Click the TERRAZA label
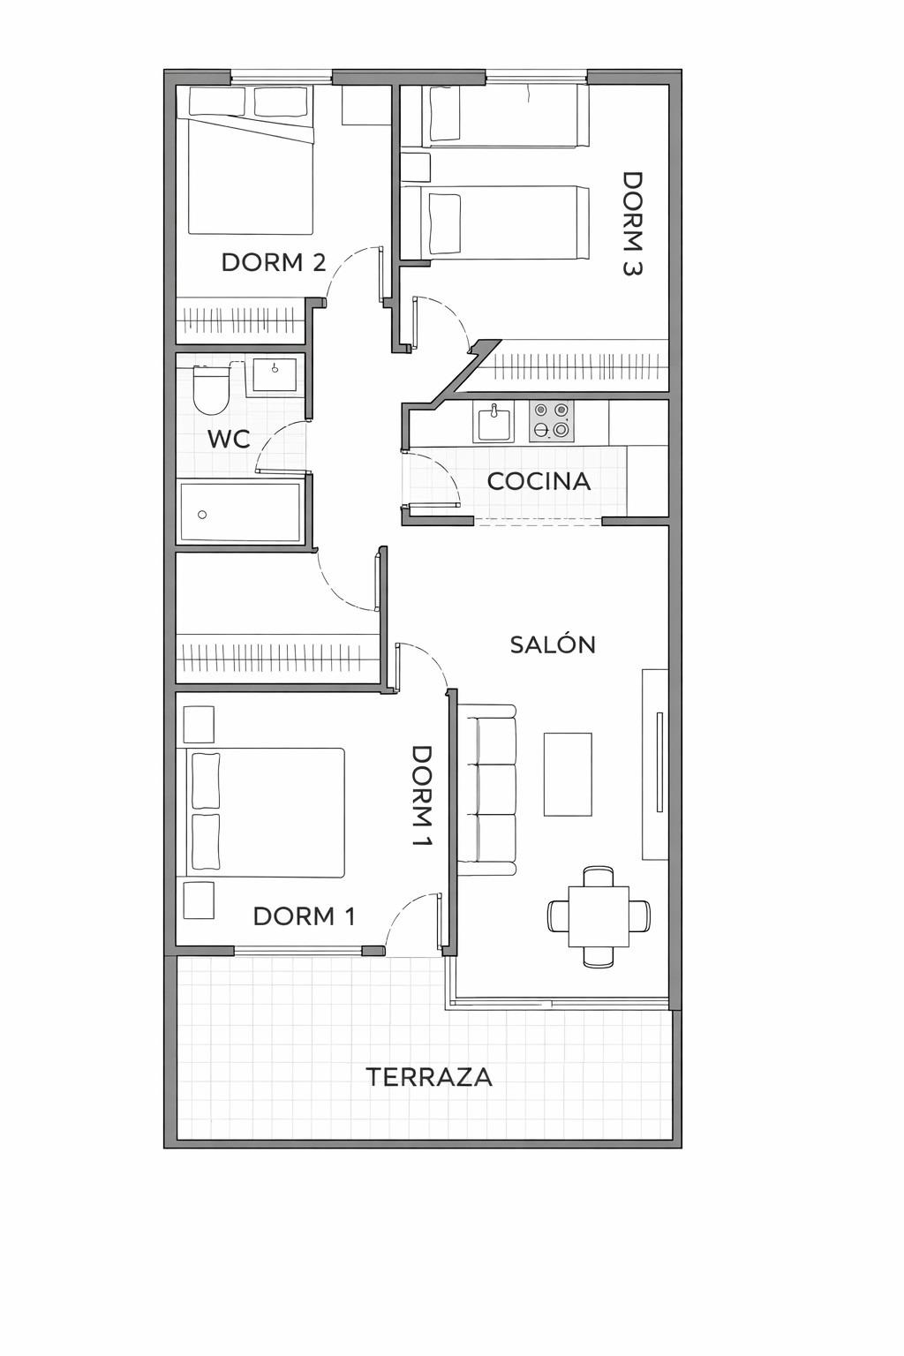pos(429,1077)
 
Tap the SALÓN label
pos(553,644)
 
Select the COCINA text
pos(539,481)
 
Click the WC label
pos(229,439)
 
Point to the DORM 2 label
pos(274,262)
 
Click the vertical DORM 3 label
pos(632,224)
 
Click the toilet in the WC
pos(212,390)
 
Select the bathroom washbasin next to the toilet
pos(275,375)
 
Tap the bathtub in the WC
pos(240,512)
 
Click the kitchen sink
pos(495,422)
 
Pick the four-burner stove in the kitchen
pos(551,421)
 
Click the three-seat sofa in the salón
pos(487,788)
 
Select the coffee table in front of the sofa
pos(568,774)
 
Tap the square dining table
pos(599,915)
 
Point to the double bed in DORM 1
pos(265,813)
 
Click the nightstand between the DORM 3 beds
pos(415,167)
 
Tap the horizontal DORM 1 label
pos(304,916)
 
